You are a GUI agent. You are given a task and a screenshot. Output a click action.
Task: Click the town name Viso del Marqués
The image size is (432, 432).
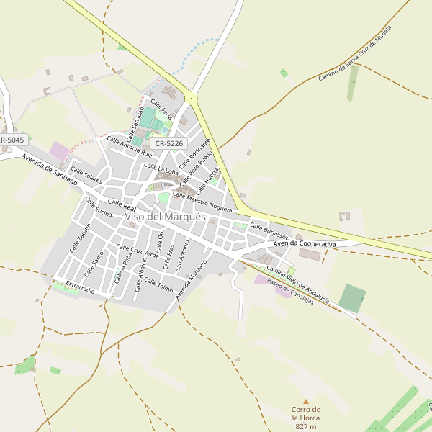tap(165, 216)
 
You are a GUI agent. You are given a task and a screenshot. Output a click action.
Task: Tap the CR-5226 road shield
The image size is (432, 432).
tap(170, 144)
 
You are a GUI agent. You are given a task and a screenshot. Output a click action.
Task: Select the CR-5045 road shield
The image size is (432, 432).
tap(12, 140)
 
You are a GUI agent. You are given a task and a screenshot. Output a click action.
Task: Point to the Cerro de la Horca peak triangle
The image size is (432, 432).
tap(306, 401)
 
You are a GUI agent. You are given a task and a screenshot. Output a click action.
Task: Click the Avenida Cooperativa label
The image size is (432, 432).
tap(305, 245)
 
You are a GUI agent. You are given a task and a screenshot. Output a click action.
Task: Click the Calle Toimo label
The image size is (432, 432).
tap(158, 285)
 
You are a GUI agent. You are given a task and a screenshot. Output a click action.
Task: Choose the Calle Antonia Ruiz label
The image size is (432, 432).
tap(130, 147)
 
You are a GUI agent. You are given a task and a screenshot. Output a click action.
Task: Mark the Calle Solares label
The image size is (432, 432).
tap(86, 174)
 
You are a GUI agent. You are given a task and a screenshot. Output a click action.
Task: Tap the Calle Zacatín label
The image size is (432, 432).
tap(80, 238)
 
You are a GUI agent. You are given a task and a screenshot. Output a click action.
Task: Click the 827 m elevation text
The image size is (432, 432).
tap(306, 426)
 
